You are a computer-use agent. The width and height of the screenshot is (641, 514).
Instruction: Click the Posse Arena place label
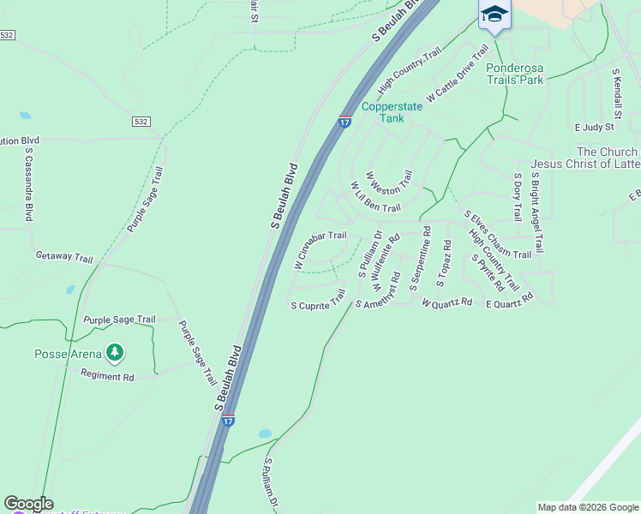[x=67, y=354]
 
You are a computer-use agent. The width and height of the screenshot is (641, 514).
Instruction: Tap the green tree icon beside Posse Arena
[x=114, y=352]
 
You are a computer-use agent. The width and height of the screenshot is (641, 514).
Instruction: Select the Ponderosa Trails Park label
[x=514, y=74]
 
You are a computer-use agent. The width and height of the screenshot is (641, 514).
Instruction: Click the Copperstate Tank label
[x=382, y=112]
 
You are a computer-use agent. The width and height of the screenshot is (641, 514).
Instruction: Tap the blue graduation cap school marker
[x=494, y=14]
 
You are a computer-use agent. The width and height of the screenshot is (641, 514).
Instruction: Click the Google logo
[x=28, y=504]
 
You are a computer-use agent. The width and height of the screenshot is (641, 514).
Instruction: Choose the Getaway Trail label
[x=63, y=256]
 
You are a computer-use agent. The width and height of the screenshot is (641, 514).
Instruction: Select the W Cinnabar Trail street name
[x=320, y=248]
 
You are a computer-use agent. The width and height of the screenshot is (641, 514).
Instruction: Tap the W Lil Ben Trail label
[x=375, y=197]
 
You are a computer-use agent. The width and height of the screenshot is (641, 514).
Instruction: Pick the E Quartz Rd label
[x=509, y=301]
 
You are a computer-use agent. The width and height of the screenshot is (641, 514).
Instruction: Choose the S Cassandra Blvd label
[x=29, y=185]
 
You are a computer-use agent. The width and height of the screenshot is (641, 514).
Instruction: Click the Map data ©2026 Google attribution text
[x=588, y=507]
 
